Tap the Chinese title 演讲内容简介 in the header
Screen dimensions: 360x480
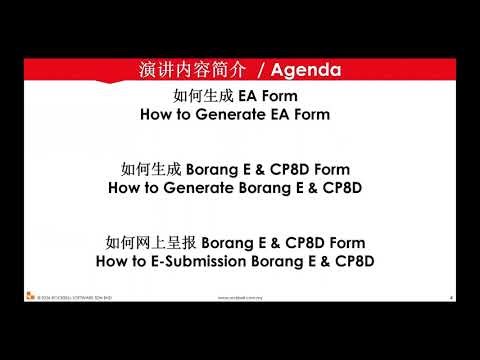[188, 71]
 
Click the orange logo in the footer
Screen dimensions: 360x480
[31, 296]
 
